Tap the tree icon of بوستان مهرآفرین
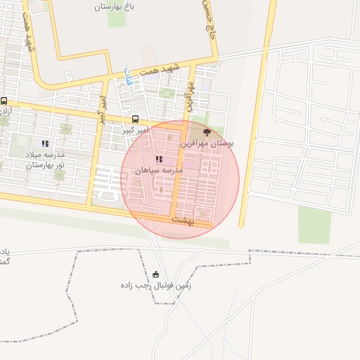click(x=206, y=131)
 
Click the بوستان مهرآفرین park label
click(x=207, y=143)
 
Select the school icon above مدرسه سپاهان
click(x=159, y=160)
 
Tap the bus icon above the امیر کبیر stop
click(x=135, y=119)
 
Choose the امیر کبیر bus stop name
click(x=134, y=130)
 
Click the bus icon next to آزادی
click(x=4, y=101)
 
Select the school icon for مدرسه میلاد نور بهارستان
click(x=45, y=143)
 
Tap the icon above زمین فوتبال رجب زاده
click(x=155, y=274)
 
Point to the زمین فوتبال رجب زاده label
click(x=155, y=285)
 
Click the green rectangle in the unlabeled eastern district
click(x=314, y=225)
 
